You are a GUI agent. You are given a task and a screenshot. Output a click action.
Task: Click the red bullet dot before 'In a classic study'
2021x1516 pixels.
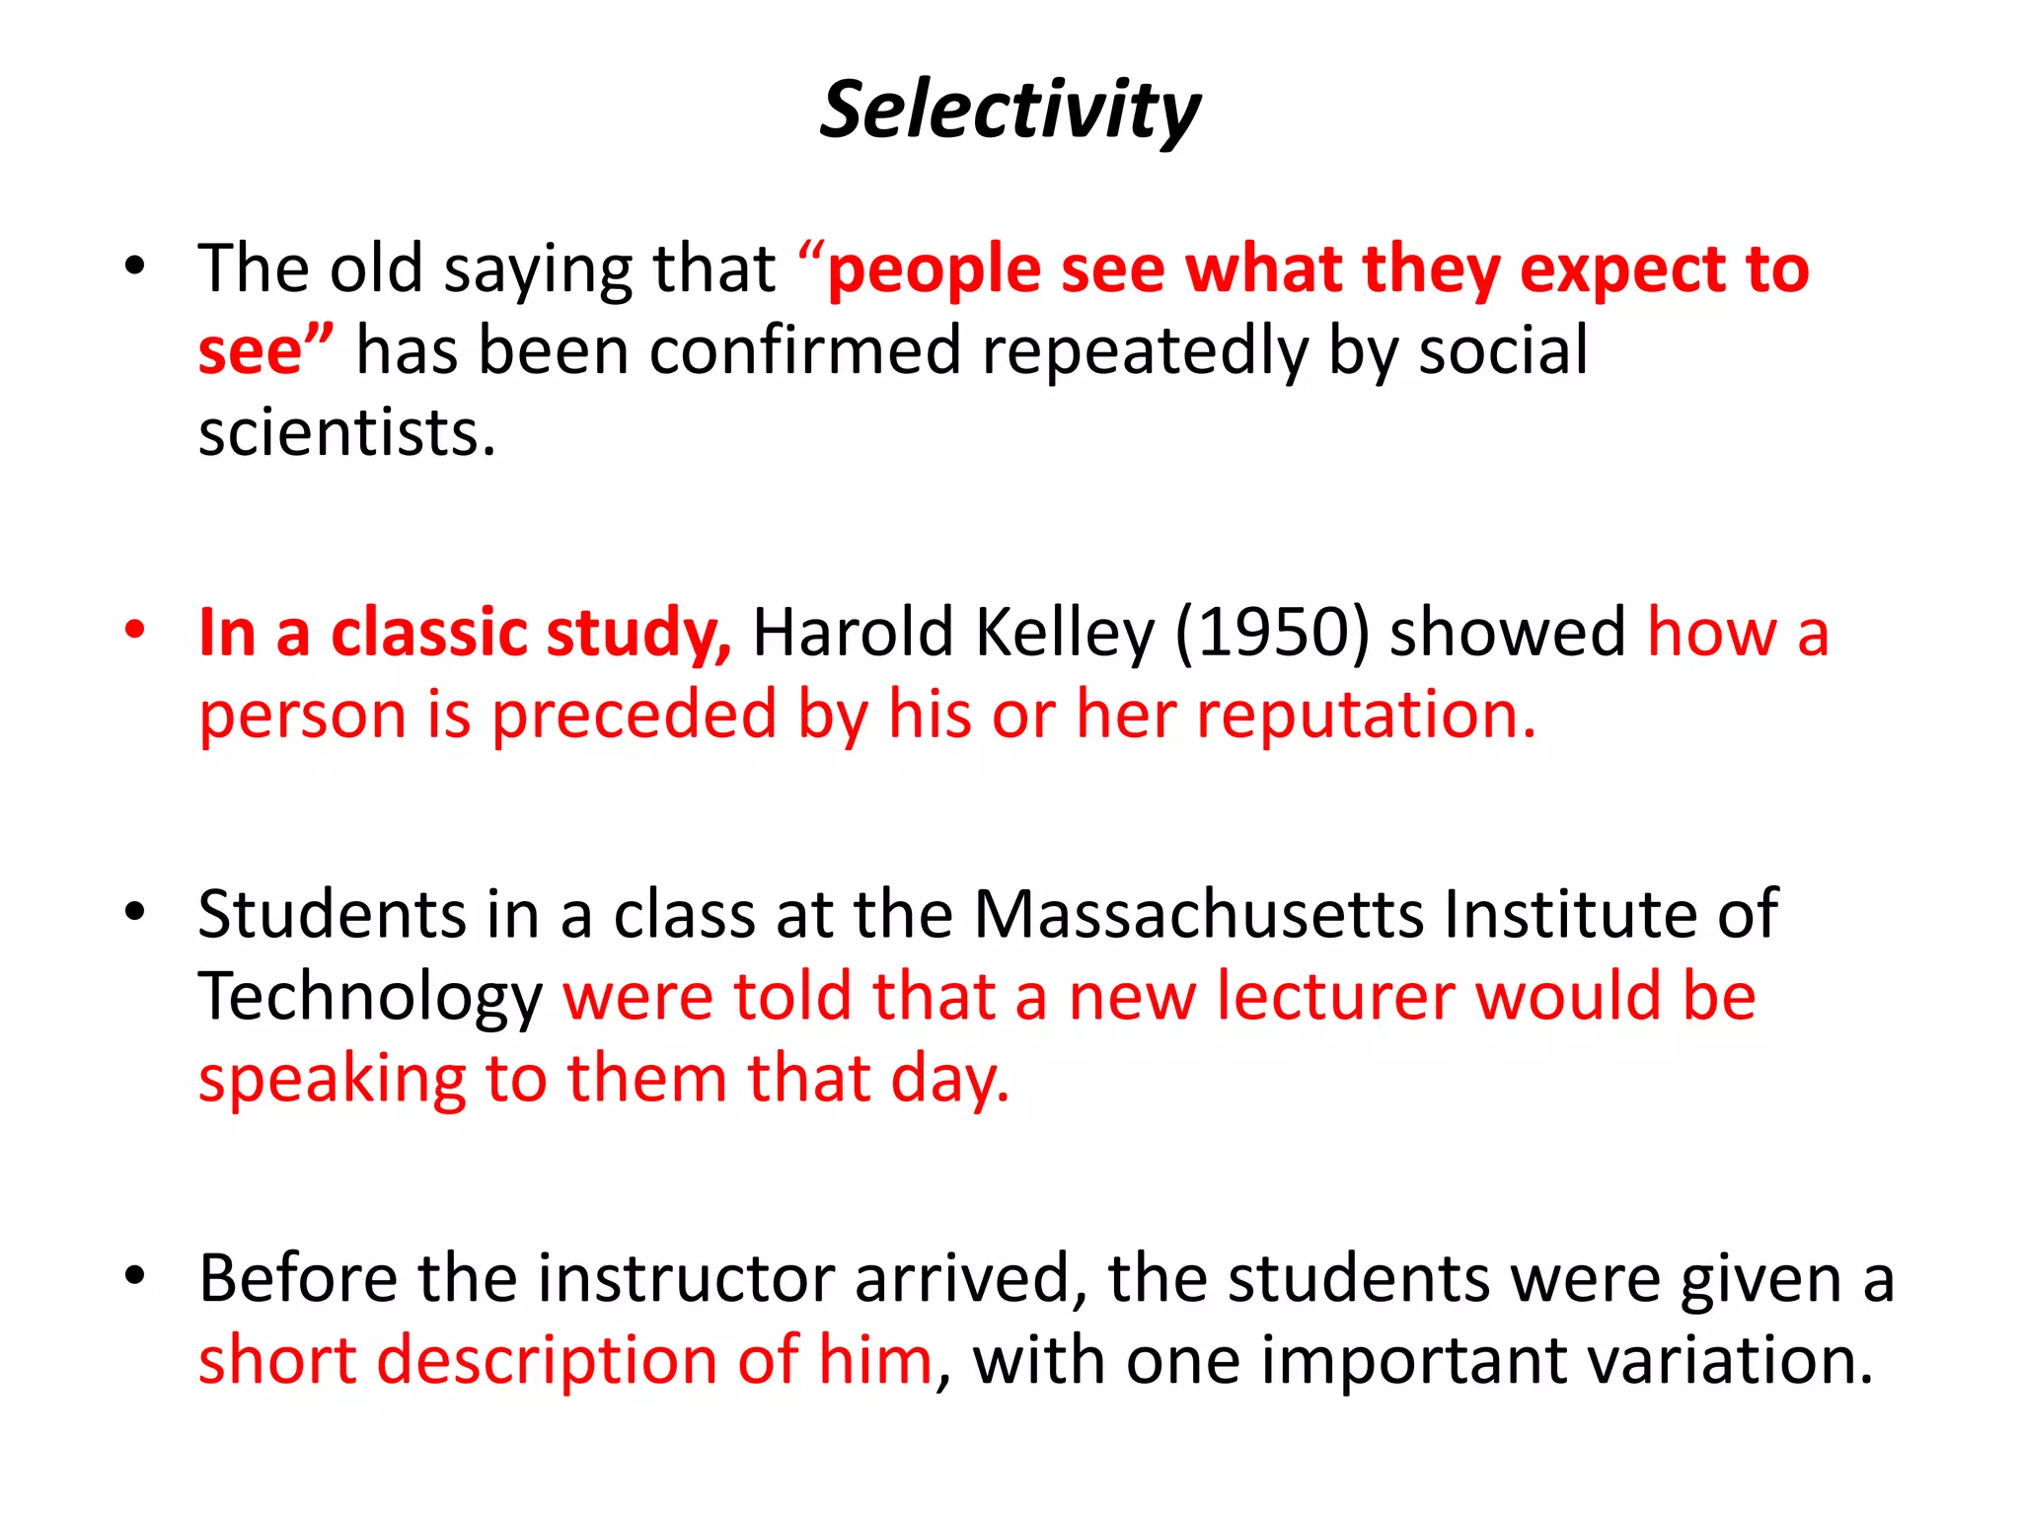pos(135,629)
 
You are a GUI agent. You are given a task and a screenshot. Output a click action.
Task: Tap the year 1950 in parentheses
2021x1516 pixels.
pos(1272,633)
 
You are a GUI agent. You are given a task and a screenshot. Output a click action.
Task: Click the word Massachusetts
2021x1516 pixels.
pos(1199,914)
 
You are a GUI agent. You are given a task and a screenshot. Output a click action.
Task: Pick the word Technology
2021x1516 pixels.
pos(370,997)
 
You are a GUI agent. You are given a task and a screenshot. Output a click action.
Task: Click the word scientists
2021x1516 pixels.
pos(345,433)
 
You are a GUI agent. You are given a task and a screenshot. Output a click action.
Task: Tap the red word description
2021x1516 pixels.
pos(548,1360)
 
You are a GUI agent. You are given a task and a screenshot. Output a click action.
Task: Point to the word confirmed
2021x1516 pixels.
pos(804,350)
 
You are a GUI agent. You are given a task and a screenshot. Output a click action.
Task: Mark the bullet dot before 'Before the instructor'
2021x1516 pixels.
pos(135,1275)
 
